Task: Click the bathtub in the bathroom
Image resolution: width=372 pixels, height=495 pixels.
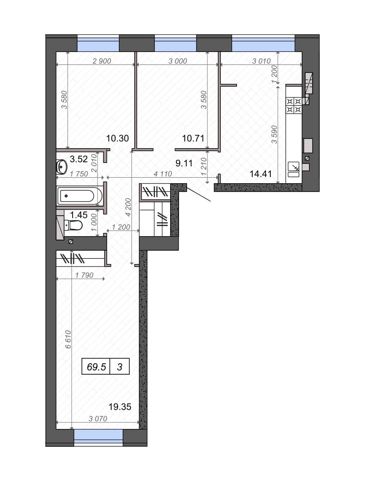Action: (x=79, y=196)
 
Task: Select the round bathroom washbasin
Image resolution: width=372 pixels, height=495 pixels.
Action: (x=61, y=167)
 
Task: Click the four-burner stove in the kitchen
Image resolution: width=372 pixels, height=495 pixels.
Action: (x=294, y=105)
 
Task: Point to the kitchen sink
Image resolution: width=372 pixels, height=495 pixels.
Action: (x=293, y=169)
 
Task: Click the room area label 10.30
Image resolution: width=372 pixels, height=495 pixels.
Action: (x=117, y=138)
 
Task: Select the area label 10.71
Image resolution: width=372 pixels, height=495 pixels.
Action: (x=193, y=138)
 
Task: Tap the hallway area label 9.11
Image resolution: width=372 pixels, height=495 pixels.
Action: (x=184, y=163)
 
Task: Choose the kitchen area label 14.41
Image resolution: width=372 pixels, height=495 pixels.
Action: (x=261, y=174)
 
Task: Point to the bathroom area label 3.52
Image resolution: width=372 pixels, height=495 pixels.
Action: (x=79, y=159)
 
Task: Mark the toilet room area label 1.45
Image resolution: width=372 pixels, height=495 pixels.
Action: (x=79, y=215)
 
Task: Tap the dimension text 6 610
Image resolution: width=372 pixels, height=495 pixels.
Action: (x=68, y=339)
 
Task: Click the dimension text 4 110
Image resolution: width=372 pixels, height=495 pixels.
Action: (x=163, y=174)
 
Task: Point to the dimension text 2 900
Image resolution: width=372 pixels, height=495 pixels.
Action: (x=102, y=61)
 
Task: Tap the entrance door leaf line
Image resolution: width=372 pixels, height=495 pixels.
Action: (x=199, y=194)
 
